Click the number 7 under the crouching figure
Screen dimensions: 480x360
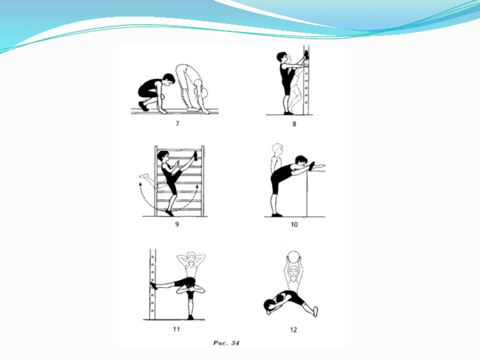point(177,124)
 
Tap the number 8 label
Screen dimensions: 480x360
point(294,124)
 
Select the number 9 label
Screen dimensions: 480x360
point(177,224)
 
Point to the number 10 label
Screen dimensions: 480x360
point(294,224)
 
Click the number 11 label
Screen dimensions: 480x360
point(176,329)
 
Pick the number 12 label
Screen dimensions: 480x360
point(293,329)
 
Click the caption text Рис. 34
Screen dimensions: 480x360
point(226,343)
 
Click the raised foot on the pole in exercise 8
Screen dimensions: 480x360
point(306,55)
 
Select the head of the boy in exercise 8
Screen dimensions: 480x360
point(282,57)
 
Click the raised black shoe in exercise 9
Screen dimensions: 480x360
point(195,155)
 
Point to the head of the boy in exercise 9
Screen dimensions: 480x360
point(163,156)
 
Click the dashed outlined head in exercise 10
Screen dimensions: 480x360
point(278,149)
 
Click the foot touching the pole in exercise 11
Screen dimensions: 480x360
point(154,286)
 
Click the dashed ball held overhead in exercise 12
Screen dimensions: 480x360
point(293,257)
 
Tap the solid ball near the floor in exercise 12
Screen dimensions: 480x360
point(269,305)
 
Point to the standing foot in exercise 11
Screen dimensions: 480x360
point(191,317)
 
